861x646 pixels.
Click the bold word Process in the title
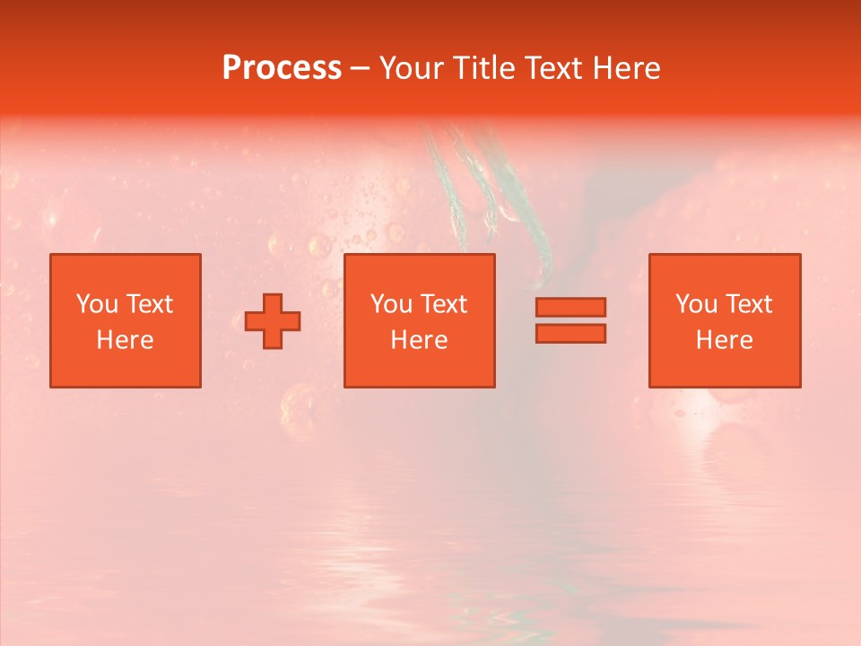coord(282,68)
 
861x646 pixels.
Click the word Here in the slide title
coord(629,68)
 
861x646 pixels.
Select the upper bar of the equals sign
coord(570,307)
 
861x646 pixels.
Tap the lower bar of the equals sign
coord(570,334)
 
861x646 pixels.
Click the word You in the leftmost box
coord(97,304)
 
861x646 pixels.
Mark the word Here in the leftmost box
coord(125,340)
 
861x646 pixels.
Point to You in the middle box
coord(391,304)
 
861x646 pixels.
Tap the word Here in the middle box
coord(419,340)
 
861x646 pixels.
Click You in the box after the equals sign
coord(696,304)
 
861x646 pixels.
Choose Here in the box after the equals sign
coord(724,340)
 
